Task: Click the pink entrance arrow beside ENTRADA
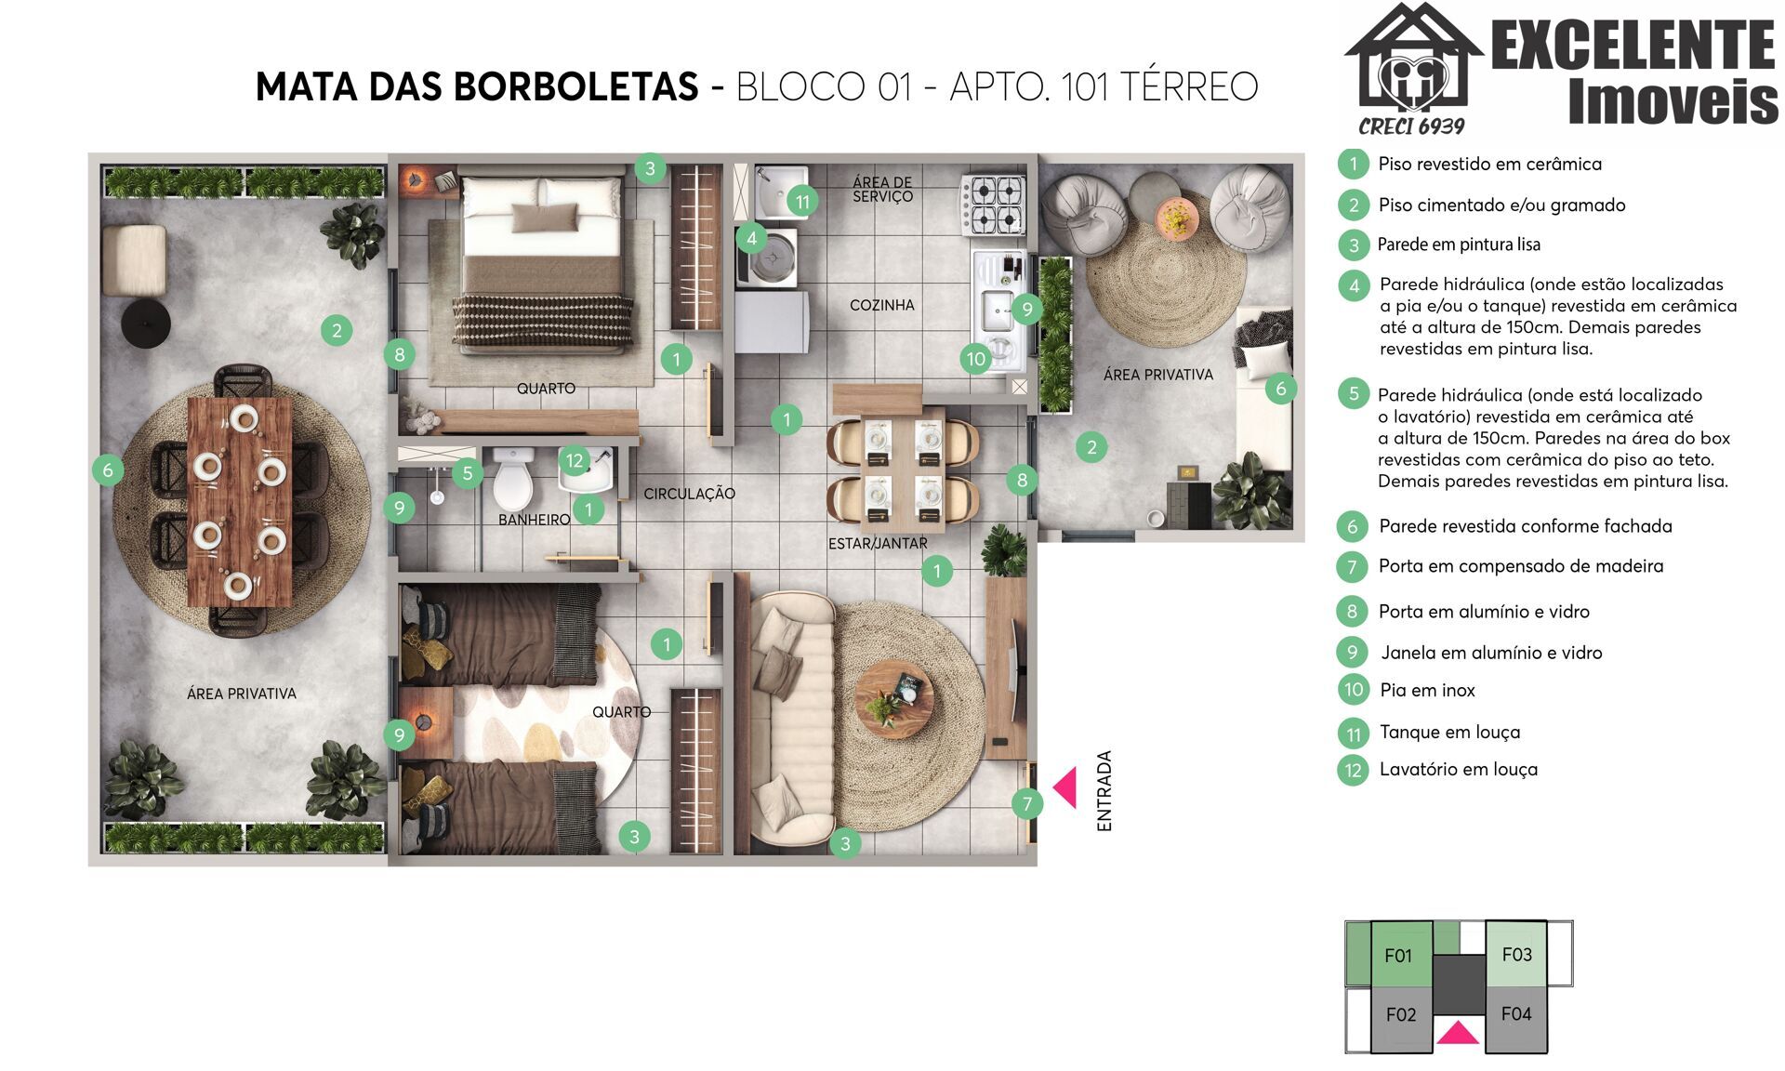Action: (1065, 787)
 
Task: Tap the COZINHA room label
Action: (881, 305)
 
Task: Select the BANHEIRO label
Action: (534, 520)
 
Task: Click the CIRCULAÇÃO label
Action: (689, 494)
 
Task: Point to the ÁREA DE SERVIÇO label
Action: (882, 190)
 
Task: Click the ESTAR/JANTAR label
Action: (878, 543)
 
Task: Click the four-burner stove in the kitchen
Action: (994, 205)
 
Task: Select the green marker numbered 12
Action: (575, 460)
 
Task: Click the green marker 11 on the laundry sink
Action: (802, 201)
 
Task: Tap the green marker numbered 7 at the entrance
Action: (1027, 803)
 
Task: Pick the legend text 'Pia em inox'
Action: (1427, 690)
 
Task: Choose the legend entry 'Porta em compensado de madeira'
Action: (1521, 566)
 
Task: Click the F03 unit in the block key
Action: (1516, 954)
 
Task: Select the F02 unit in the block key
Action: (1401, 1015)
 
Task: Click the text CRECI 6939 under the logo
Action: (1411, 126)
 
